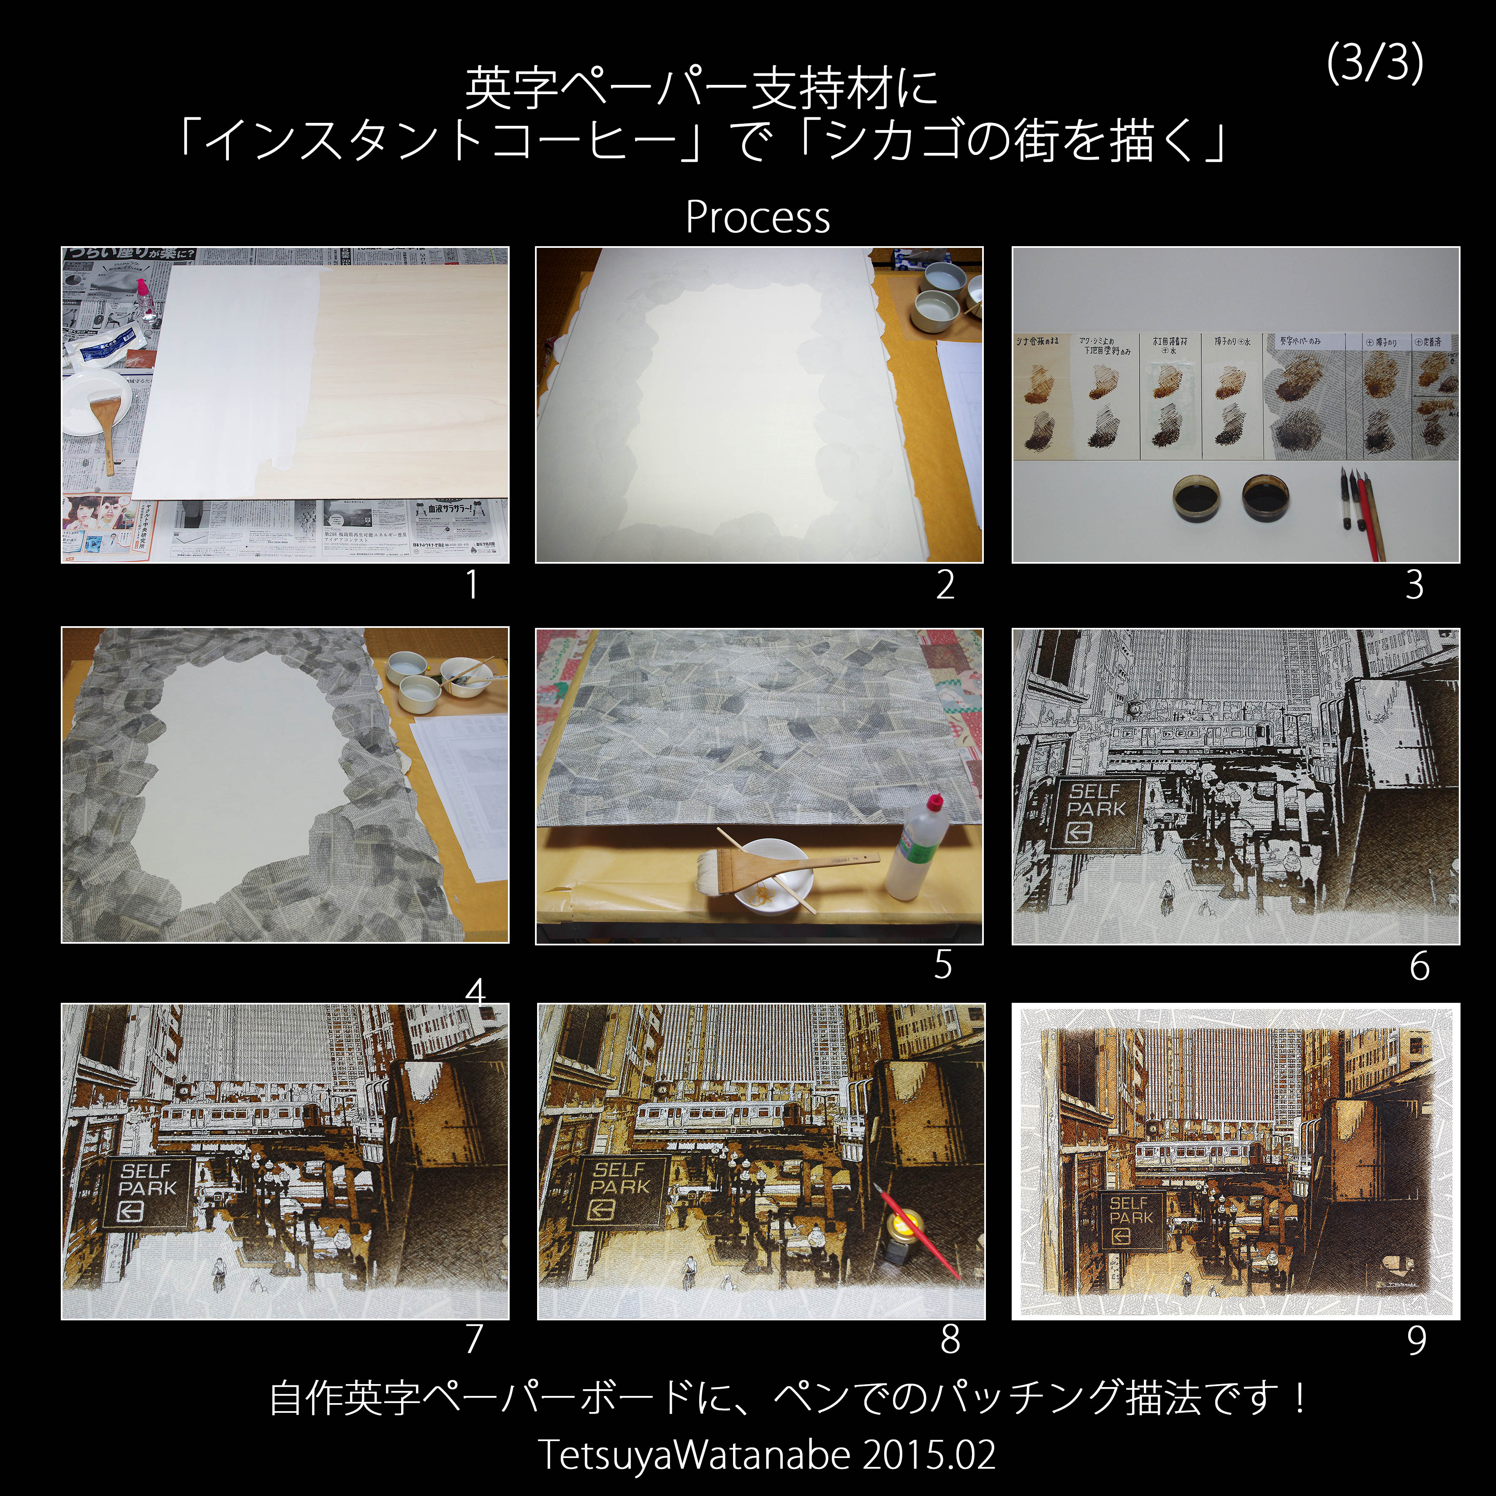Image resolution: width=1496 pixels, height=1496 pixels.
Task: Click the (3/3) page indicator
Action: point(1374,62)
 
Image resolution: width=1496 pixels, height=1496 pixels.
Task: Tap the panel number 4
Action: point(475,991)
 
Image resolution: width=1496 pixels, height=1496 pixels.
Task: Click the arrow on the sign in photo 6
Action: point(1079,833)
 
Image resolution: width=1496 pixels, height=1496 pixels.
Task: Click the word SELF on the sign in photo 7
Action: point(146,1172)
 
